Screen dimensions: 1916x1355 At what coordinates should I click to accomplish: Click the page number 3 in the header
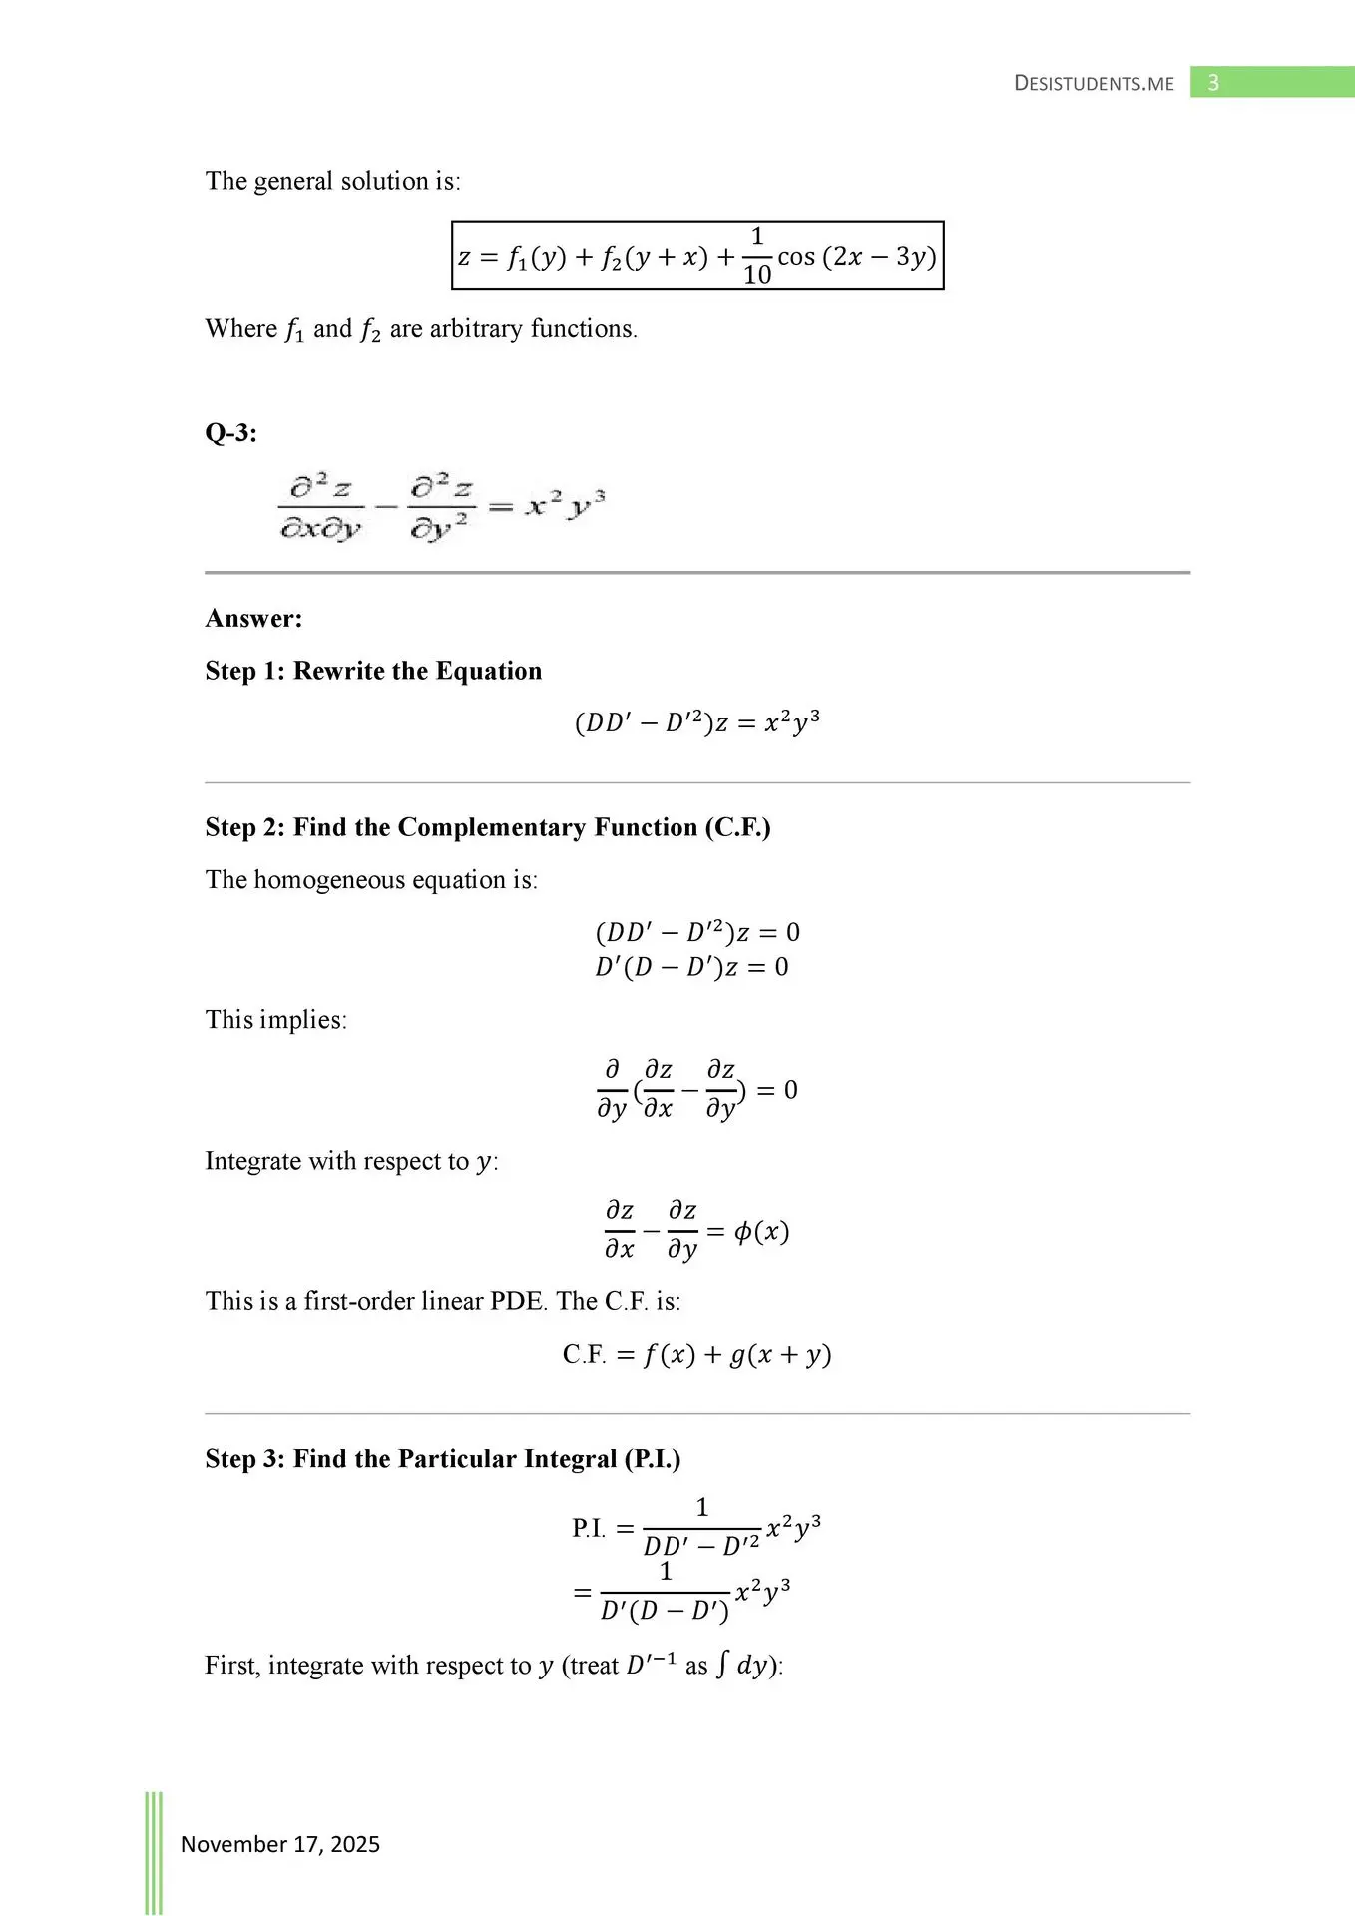(1213, 83)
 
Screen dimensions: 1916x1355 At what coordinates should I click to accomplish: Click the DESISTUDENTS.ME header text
(1094, 84)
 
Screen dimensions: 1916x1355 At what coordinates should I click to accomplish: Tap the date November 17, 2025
(280, 1844)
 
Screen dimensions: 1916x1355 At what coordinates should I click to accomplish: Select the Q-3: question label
(230, 433)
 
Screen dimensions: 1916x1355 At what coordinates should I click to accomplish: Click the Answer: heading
(253, 619)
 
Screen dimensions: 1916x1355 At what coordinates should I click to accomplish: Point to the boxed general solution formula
(697, 256)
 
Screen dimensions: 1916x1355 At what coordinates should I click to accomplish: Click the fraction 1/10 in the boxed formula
(756, 256)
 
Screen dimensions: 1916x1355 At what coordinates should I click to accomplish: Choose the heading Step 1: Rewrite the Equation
(373, 671)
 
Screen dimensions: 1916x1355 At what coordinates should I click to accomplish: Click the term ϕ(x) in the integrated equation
(761, 1232)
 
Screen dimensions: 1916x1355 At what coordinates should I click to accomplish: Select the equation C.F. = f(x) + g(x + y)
(696, 1355)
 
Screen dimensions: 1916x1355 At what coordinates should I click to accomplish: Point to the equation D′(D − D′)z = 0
(691, 967)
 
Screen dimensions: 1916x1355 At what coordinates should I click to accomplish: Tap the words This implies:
(275, 1020)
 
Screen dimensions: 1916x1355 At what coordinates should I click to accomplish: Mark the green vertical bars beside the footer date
(154, 1852)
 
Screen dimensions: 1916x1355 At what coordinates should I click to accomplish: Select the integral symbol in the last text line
(722, 1666)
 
